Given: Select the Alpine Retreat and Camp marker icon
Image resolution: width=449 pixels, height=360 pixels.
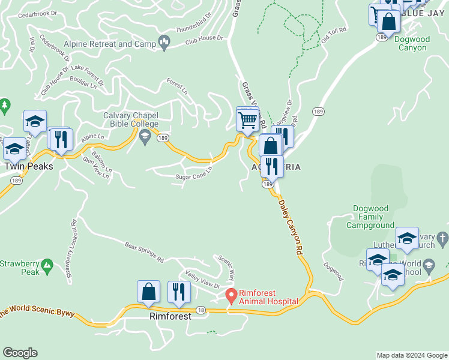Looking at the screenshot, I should click(x=163, y=43).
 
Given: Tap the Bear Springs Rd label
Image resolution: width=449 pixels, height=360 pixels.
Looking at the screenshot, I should click(x=144, y=253).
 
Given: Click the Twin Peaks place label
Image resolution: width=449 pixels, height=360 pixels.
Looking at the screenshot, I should click(x=29, y=166).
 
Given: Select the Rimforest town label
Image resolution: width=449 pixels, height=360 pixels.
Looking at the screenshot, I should click(x=170, y=316).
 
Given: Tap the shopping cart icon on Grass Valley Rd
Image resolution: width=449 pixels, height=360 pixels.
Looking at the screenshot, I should click(x=247, y=120).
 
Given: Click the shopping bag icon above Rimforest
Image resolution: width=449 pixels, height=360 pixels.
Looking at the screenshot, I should click(x=148, y=292).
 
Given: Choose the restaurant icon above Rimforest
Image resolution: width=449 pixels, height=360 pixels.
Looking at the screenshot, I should click(x=179, y=292).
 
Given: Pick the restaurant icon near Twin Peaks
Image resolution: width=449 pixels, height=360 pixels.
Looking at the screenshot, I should click(x=60, y=140).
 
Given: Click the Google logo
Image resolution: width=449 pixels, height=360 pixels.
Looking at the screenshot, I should click(x=20, y=353).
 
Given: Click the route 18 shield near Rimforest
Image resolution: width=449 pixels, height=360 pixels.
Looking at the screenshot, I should click(x=200, y=309).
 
